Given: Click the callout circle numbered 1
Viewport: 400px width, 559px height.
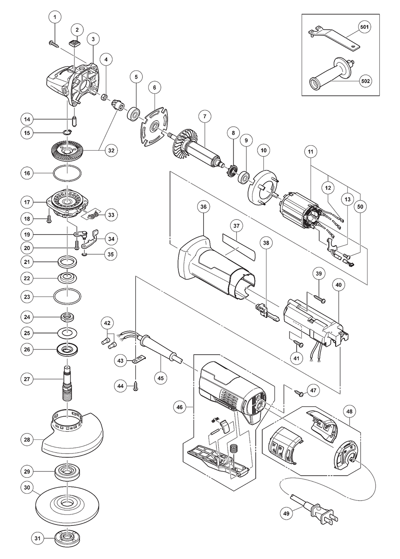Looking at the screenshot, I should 55,17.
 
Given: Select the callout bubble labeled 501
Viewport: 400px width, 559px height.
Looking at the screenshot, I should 365,28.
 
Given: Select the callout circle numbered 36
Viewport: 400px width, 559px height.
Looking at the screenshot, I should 204,207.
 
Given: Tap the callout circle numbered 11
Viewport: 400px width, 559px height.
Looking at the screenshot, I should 311,152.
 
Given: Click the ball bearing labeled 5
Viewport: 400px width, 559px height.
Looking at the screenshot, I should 133,113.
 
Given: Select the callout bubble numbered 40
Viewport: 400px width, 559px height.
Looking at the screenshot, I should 339,285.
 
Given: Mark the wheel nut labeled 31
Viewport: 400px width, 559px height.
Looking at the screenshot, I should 66,538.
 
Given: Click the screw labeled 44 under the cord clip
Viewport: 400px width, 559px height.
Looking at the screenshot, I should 137,384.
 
